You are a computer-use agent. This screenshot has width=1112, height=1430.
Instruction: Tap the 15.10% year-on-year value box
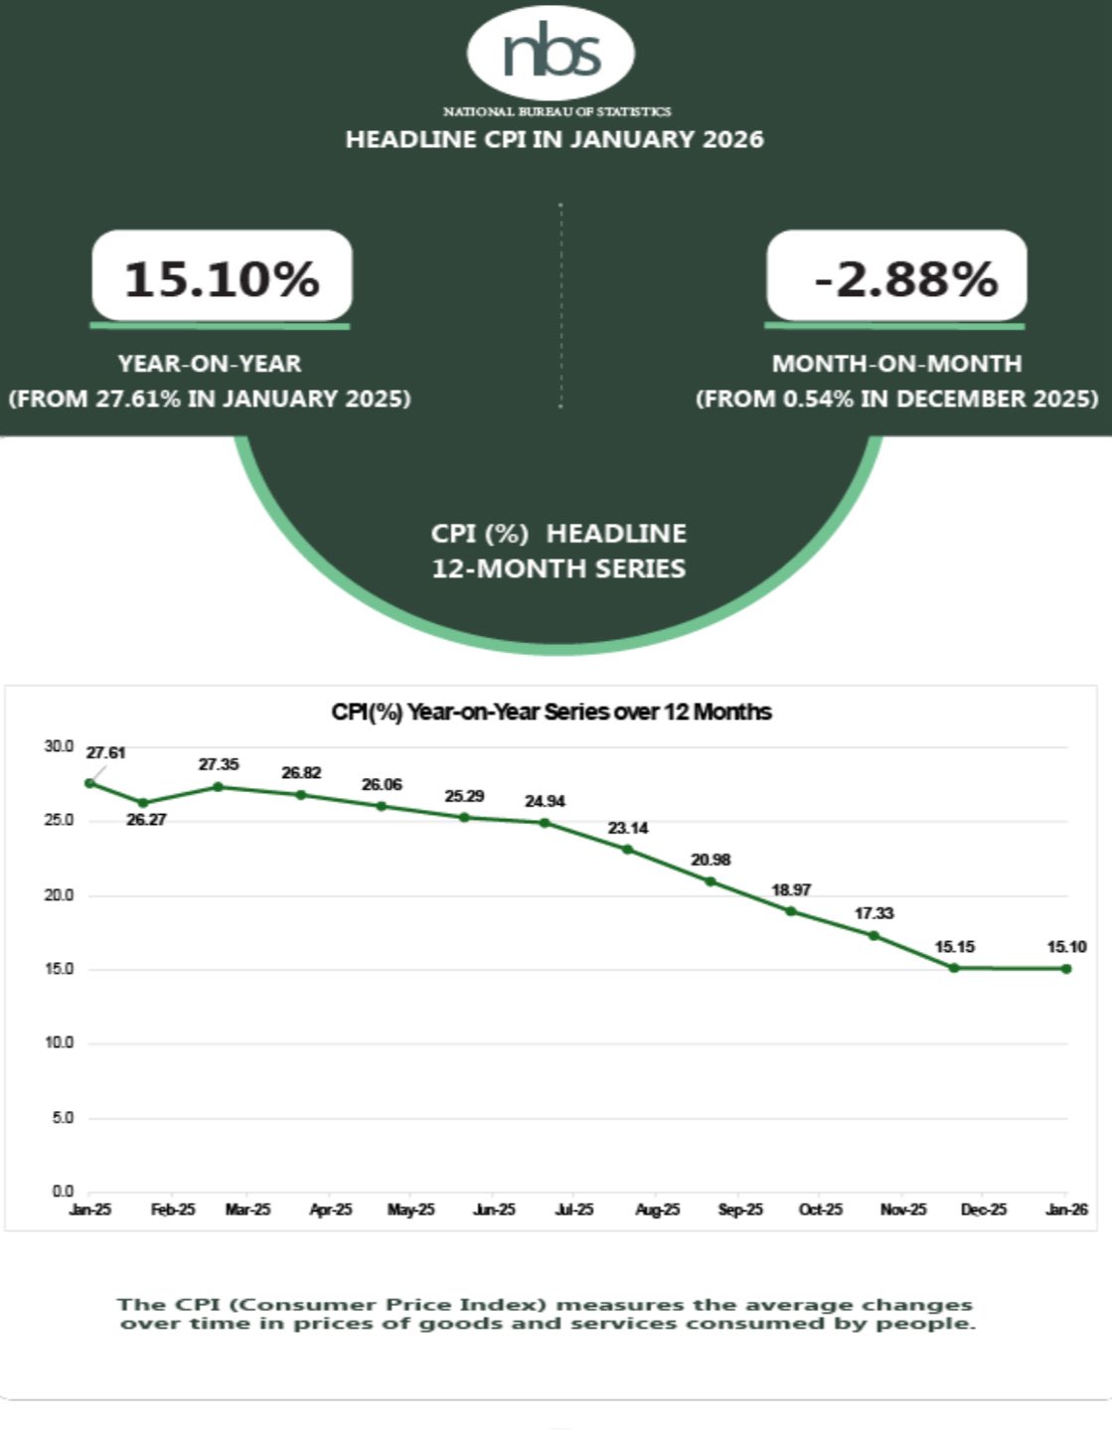pyautogui.click(x=222, y=277)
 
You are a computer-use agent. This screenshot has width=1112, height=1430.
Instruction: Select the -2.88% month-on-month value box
pyautogui.click(x=896, y=277)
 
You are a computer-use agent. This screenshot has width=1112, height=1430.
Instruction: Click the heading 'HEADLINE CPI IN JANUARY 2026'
pyautogui.click(x=555, y=139)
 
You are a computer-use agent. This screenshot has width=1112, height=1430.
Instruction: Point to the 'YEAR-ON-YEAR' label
pyautogui.click(x=210, y=364)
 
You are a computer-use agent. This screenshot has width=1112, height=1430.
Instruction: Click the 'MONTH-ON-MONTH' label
pyautogui.click(x=896, y=364)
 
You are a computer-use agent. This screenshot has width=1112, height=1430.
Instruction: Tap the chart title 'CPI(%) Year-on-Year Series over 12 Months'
pyautogui.click(x=552, y=712)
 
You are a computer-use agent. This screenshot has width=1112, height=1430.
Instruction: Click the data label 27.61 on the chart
pyautogui.click(x=105, y=753)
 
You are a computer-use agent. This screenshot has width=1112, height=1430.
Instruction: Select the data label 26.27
pyautogui.click(x=146, y=820)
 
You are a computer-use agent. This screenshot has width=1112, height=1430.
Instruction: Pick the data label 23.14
pyautogui.click(x=628, y=828)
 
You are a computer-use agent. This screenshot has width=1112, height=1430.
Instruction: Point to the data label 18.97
pyautogui.click(x=791, y=889)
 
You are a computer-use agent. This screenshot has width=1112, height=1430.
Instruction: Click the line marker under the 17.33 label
pyautogui.click(x=874, y=935)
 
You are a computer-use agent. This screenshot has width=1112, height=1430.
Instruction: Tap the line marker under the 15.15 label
pyautogui.click(x=954, y=967)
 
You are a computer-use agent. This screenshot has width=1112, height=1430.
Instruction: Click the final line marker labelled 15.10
pyautogui.click(x=1066, y=968)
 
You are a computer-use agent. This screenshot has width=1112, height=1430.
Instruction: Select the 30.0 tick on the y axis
pyautogui.click(x=59, y=746)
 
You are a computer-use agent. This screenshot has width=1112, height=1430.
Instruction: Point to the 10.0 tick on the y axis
pyautogui.click(x=59, y=1042)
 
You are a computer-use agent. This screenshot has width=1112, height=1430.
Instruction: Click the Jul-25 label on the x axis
pyautogui.click(x=574, y=1209)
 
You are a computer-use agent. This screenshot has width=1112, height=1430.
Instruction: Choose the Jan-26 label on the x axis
pyautogui.click(x=1066, y=1209)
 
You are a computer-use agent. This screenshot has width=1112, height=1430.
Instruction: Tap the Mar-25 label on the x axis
pyautogui.click(x=247, y=1209)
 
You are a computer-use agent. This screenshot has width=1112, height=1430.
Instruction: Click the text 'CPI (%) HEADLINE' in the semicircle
pyautogui.click(x=558, y=534)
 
